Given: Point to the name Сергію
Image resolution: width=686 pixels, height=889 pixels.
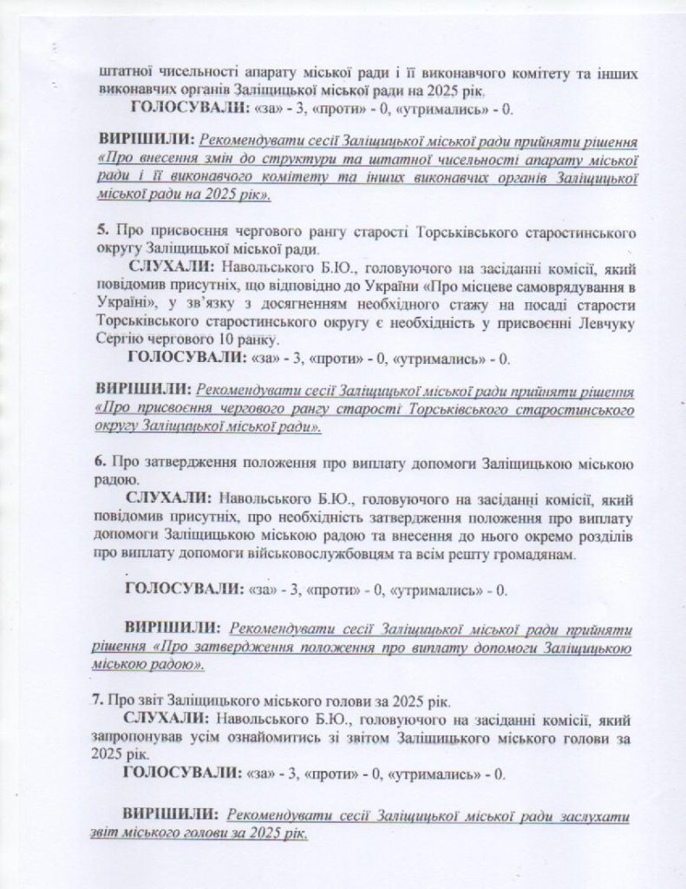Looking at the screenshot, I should (122, 339).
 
